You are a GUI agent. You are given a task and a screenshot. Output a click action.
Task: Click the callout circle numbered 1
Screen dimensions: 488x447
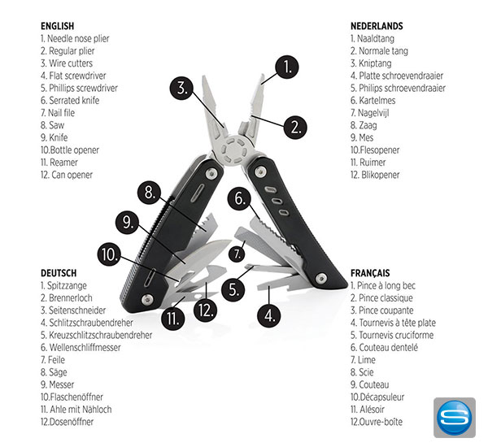tap(286, 67)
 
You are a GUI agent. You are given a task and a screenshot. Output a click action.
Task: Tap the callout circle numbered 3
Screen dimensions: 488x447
tap(181, 88)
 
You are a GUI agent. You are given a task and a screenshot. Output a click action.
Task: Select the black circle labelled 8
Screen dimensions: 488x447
tap(150, 193)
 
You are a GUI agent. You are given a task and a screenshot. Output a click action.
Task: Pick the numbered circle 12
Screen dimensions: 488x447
tap(205, 310)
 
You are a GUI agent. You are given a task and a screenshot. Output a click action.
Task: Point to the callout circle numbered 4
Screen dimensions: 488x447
tap(269, 316)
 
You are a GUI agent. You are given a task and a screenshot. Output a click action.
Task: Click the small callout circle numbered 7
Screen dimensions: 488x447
tap(237, 254)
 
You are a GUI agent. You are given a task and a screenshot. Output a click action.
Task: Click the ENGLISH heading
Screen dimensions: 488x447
tap(58, 26)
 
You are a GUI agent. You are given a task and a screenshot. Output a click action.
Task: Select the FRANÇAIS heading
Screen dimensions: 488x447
tap(370, 273)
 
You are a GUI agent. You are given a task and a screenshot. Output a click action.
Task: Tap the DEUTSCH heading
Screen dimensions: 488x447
tap(59, 273)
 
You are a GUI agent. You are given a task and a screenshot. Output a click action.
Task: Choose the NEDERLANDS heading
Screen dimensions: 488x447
tap(377, 26)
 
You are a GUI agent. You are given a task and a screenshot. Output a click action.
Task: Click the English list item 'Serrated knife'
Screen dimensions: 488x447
tap(70, 101)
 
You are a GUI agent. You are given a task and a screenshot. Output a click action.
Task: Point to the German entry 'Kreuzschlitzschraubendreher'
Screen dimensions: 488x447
tap(97, 335)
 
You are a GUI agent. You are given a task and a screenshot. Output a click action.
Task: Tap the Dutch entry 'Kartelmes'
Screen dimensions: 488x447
tap(373, 101)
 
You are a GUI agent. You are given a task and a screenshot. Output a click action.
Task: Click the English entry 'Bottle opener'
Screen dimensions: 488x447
tap(70, 150)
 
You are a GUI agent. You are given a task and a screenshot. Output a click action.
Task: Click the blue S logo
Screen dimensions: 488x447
tap(455, 418)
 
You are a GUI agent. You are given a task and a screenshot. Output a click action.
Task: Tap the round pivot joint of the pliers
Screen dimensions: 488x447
tap(235, 151)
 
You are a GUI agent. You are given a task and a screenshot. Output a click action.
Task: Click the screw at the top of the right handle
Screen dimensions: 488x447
tap(260, 171)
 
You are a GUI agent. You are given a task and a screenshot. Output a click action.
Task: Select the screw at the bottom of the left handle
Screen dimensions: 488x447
tap(147, 299)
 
